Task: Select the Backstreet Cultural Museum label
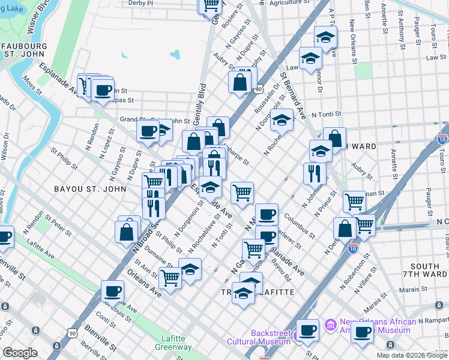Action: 259,337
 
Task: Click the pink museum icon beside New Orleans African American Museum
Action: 330,326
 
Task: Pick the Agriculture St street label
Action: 293,3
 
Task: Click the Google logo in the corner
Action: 20,352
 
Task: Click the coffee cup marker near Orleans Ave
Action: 112,292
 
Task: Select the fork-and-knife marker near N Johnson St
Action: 315,173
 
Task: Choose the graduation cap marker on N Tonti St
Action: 281,120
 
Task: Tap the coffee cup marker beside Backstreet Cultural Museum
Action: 308,330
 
